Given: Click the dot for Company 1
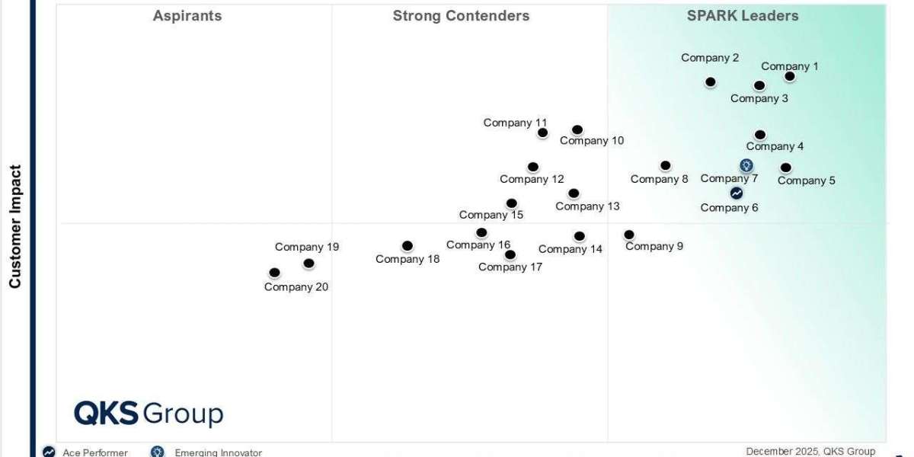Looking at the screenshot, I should [790, 76].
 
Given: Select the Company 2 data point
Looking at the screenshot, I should [711, 81].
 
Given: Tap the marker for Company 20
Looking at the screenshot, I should [274, 273].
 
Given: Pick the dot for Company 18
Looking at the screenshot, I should [407, 246].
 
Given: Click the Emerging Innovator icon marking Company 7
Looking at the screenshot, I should [746, 165].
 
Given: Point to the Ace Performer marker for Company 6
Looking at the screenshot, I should [737, 193].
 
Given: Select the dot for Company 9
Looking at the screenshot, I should [629, 235].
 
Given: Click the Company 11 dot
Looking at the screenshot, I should [542, 133].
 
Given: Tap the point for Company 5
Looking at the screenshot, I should [786, 168].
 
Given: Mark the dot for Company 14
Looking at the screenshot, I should [580, 236].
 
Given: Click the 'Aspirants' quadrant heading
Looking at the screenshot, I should [187, 16].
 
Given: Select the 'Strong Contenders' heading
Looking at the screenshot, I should [461, 16].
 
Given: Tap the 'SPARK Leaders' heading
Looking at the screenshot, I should [743, 16].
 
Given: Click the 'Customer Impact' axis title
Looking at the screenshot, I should [15, 227].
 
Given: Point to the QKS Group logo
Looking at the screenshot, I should [149, 414].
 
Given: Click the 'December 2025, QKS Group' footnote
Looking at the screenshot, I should [810, 452].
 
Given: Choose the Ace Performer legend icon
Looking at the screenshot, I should [49, 452].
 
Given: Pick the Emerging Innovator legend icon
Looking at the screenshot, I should [158, 452].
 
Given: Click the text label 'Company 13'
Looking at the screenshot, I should [587, 206].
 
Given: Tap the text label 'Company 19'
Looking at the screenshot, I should [307, 247].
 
